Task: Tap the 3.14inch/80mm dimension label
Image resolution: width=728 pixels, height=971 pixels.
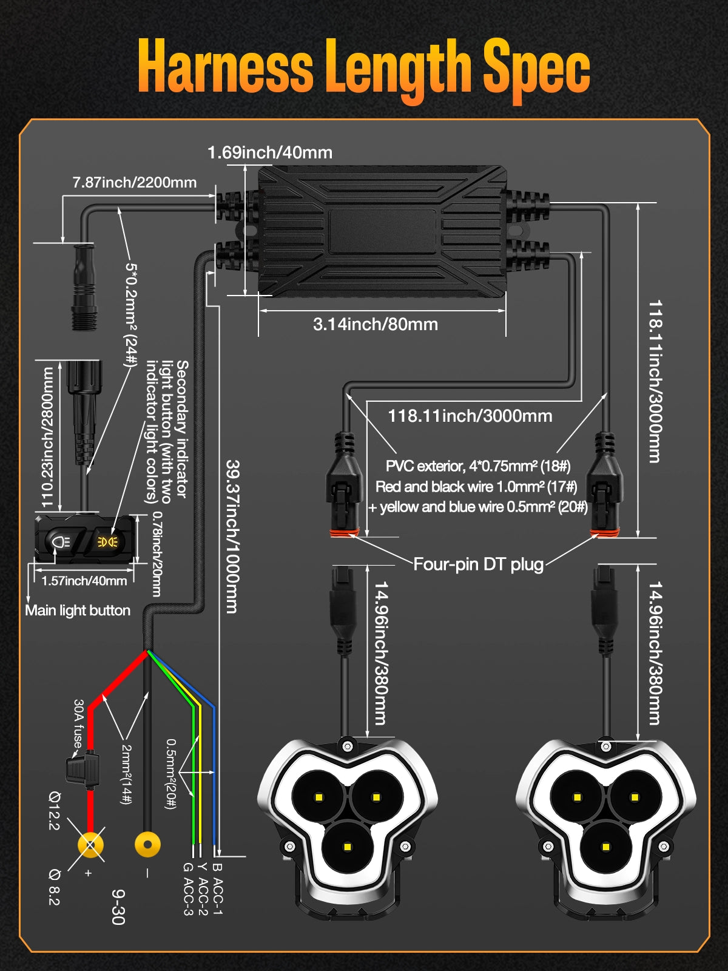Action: tap(376, 324)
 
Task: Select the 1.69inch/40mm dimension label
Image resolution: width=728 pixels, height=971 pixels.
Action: tap(270, 152)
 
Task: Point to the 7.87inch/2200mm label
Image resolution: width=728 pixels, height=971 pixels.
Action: tap(135, 182)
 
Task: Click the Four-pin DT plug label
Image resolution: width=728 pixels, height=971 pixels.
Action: tap(478, 564)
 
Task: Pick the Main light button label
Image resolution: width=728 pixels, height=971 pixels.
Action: tap(78, 611)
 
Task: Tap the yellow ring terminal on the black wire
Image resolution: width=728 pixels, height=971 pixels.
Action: tap(147, 844)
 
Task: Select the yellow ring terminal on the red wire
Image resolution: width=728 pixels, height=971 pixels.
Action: tap(90, 844)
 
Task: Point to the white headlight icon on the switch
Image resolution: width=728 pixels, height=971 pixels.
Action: tap(60, 541)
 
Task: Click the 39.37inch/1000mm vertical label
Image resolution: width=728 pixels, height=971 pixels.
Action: tap(232, 536)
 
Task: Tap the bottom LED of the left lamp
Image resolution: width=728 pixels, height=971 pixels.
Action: tap(348, 847)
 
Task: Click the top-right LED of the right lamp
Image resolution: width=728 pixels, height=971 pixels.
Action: tap(635, 797)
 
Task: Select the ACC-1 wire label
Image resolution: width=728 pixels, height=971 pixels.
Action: tap(218, 889)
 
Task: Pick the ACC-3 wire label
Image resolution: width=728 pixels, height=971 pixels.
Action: tap(188, 889)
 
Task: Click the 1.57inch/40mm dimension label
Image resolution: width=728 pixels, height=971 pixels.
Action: tap(84, 581)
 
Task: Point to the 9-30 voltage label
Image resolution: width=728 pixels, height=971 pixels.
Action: tap(119, 907)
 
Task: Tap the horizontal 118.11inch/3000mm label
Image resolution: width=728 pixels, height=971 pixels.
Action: tap(470, 416)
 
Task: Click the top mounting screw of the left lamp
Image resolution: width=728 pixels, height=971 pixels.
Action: tap(348, 745)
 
